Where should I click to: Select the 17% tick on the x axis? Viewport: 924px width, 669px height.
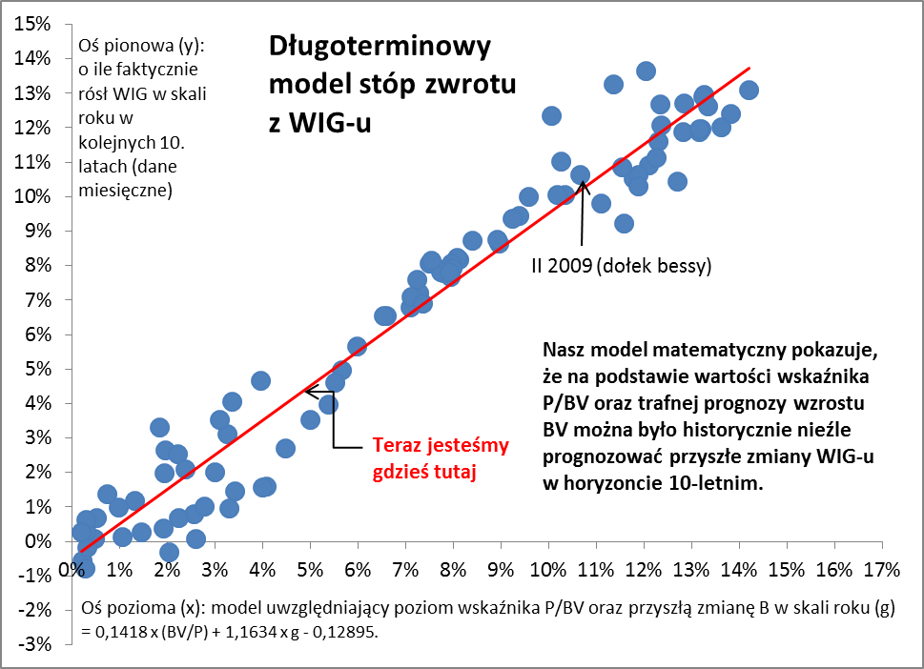pyautogui.click(x=879, y=571)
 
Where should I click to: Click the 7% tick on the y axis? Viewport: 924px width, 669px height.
pyautogui.click(x=35, y=300)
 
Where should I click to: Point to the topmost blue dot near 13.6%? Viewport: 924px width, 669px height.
pyautogui.click(x=646, y=71)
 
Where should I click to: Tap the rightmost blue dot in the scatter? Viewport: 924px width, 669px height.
pyautogui.click(x=749, y=90)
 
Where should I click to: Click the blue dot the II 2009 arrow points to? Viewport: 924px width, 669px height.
pyautogui.click(x=580, y=174)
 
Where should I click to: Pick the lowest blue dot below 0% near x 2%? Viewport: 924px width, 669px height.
pyautogui.click(x=169, y=552)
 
